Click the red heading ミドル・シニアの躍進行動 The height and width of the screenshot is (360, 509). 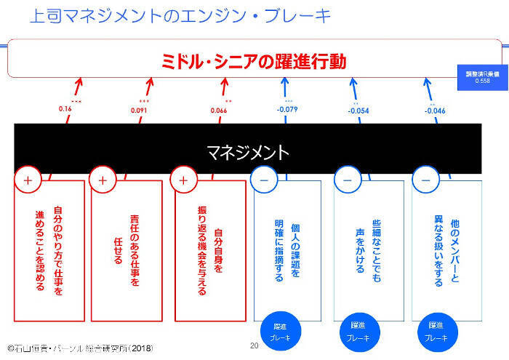[254, 60]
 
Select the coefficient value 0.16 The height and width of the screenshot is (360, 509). [65, 109]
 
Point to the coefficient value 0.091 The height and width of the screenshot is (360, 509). [140, 111]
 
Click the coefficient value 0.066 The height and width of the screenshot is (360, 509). [219, 111]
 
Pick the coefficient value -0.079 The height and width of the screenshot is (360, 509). [287, 110]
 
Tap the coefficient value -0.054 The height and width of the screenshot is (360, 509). [358, 111]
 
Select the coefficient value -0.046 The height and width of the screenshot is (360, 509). [436, 111]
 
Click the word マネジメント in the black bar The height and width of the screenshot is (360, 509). [247, 153]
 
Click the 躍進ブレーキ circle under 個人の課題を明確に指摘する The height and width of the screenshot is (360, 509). [280, 332]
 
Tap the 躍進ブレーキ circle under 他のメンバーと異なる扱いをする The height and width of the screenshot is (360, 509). [436, 332]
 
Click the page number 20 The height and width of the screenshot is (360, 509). [254, 345]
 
